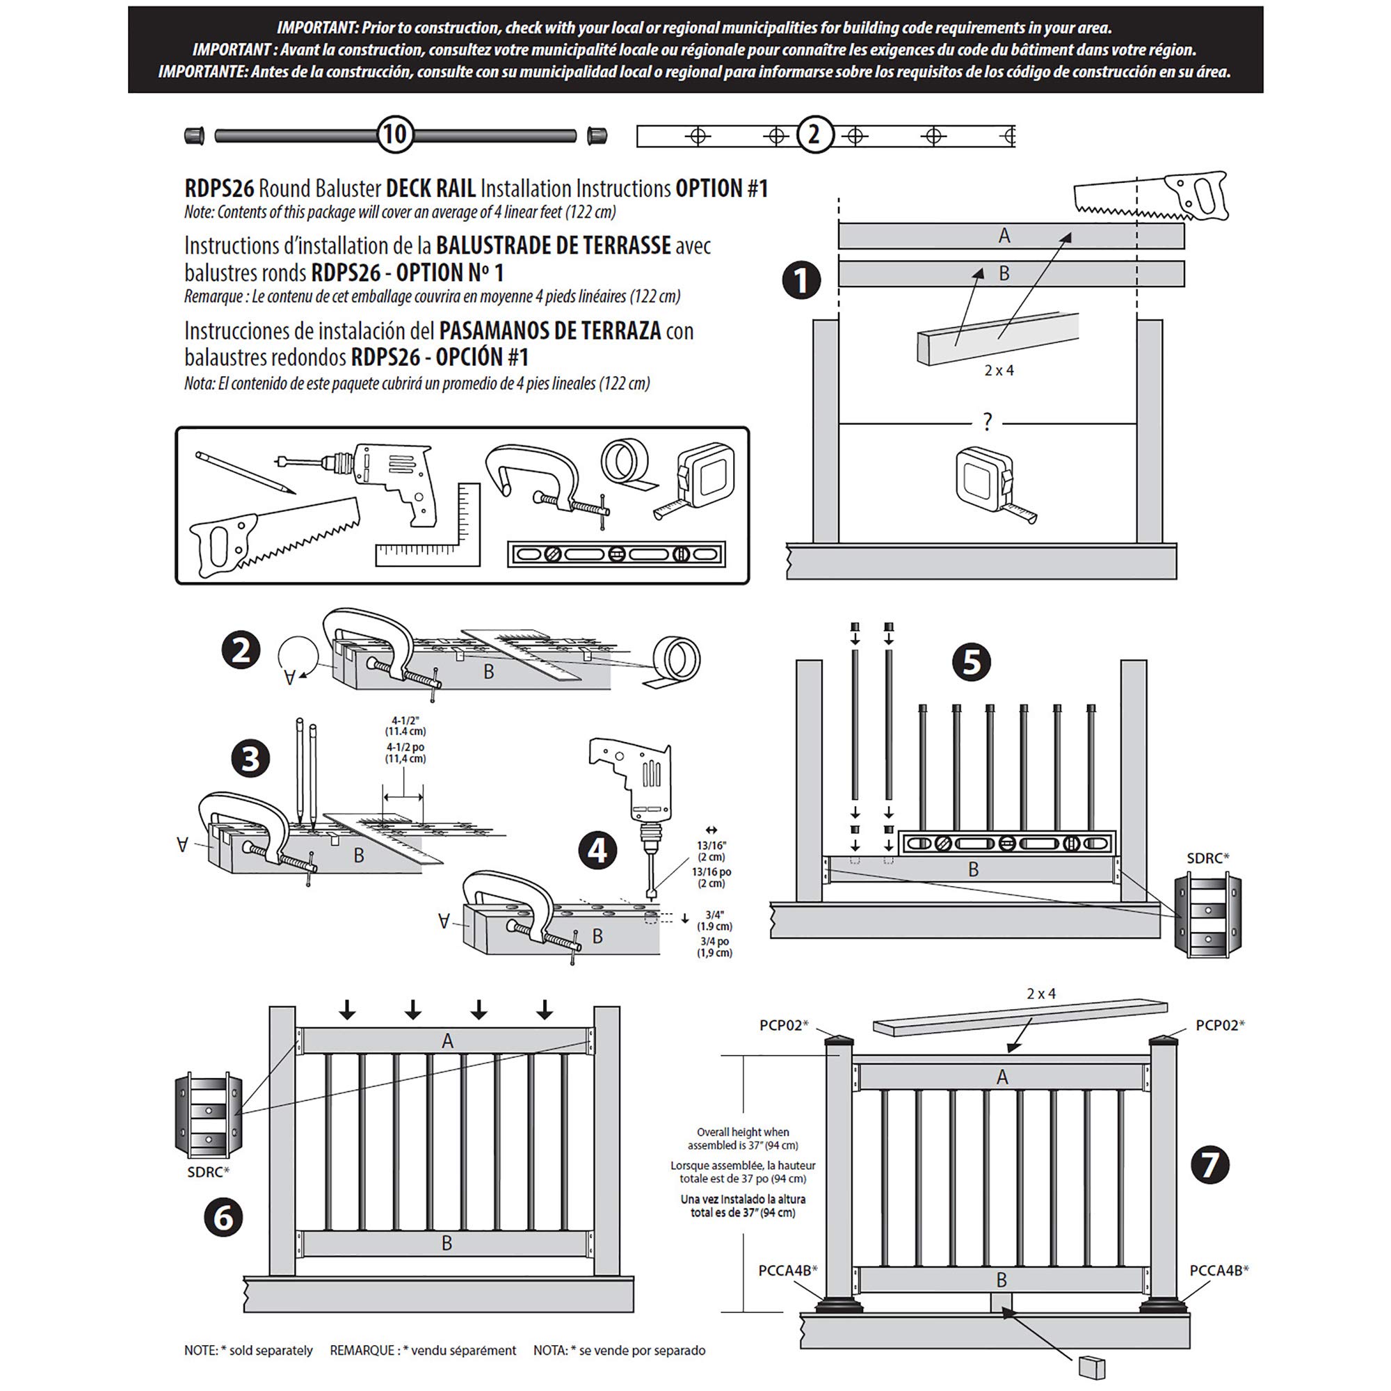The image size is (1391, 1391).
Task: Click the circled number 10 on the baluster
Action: click(394, 135)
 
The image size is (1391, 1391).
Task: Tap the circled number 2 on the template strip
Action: click(814, 135)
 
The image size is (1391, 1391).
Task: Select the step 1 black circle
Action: click(801, 281)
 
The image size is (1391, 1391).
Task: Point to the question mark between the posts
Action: click(987, 422)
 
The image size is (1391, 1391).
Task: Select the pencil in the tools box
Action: click(245, 472)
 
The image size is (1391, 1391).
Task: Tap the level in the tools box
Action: click(616, 554)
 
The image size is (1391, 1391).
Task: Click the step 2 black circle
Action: click(241, 650)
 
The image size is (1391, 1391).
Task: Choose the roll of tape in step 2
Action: click(674, 661)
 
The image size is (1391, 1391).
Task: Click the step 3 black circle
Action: click(250, 759)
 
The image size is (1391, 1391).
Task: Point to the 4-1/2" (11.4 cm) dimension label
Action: click(405, 725)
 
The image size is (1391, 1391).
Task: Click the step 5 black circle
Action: click(971, 661)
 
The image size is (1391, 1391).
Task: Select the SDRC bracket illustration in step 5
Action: click(1207, 915)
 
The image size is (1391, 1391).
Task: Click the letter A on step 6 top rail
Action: click(448, 1041)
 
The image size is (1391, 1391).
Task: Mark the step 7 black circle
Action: click(1209, 1165)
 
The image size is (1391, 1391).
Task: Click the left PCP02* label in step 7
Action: click(784, 1025)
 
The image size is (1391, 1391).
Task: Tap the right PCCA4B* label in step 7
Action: click(1219, 1271)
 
